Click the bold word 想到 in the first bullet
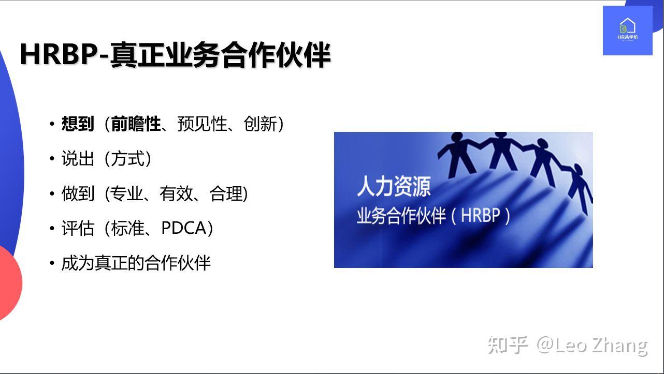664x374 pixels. [x=78, y=124]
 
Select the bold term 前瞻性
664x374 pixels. [x=136, y=124]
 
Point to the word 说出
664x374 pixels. [x=78, y=159]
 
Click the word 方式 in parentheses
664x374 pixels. [x=127, y=159]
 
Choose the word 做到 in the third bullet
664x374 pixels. [x=78, y=193]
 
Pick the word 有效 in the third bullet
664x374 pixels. [x=176, y=193]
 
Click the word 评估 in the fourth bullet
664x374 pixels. [x=78, y=228]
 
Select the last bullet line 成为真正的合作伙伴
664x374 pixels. [x=136, y=263]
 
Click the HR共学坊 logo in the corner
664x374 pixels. [x=627, y=31]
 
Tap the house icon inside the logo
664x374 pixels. [x=627, y=25]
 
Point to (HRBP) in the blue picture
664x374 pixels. [x=480, y=215]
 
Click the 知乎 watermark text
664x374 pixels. [x=507, y=345]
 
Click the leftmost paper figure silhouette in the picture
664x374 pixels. [x=456, y=153]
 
